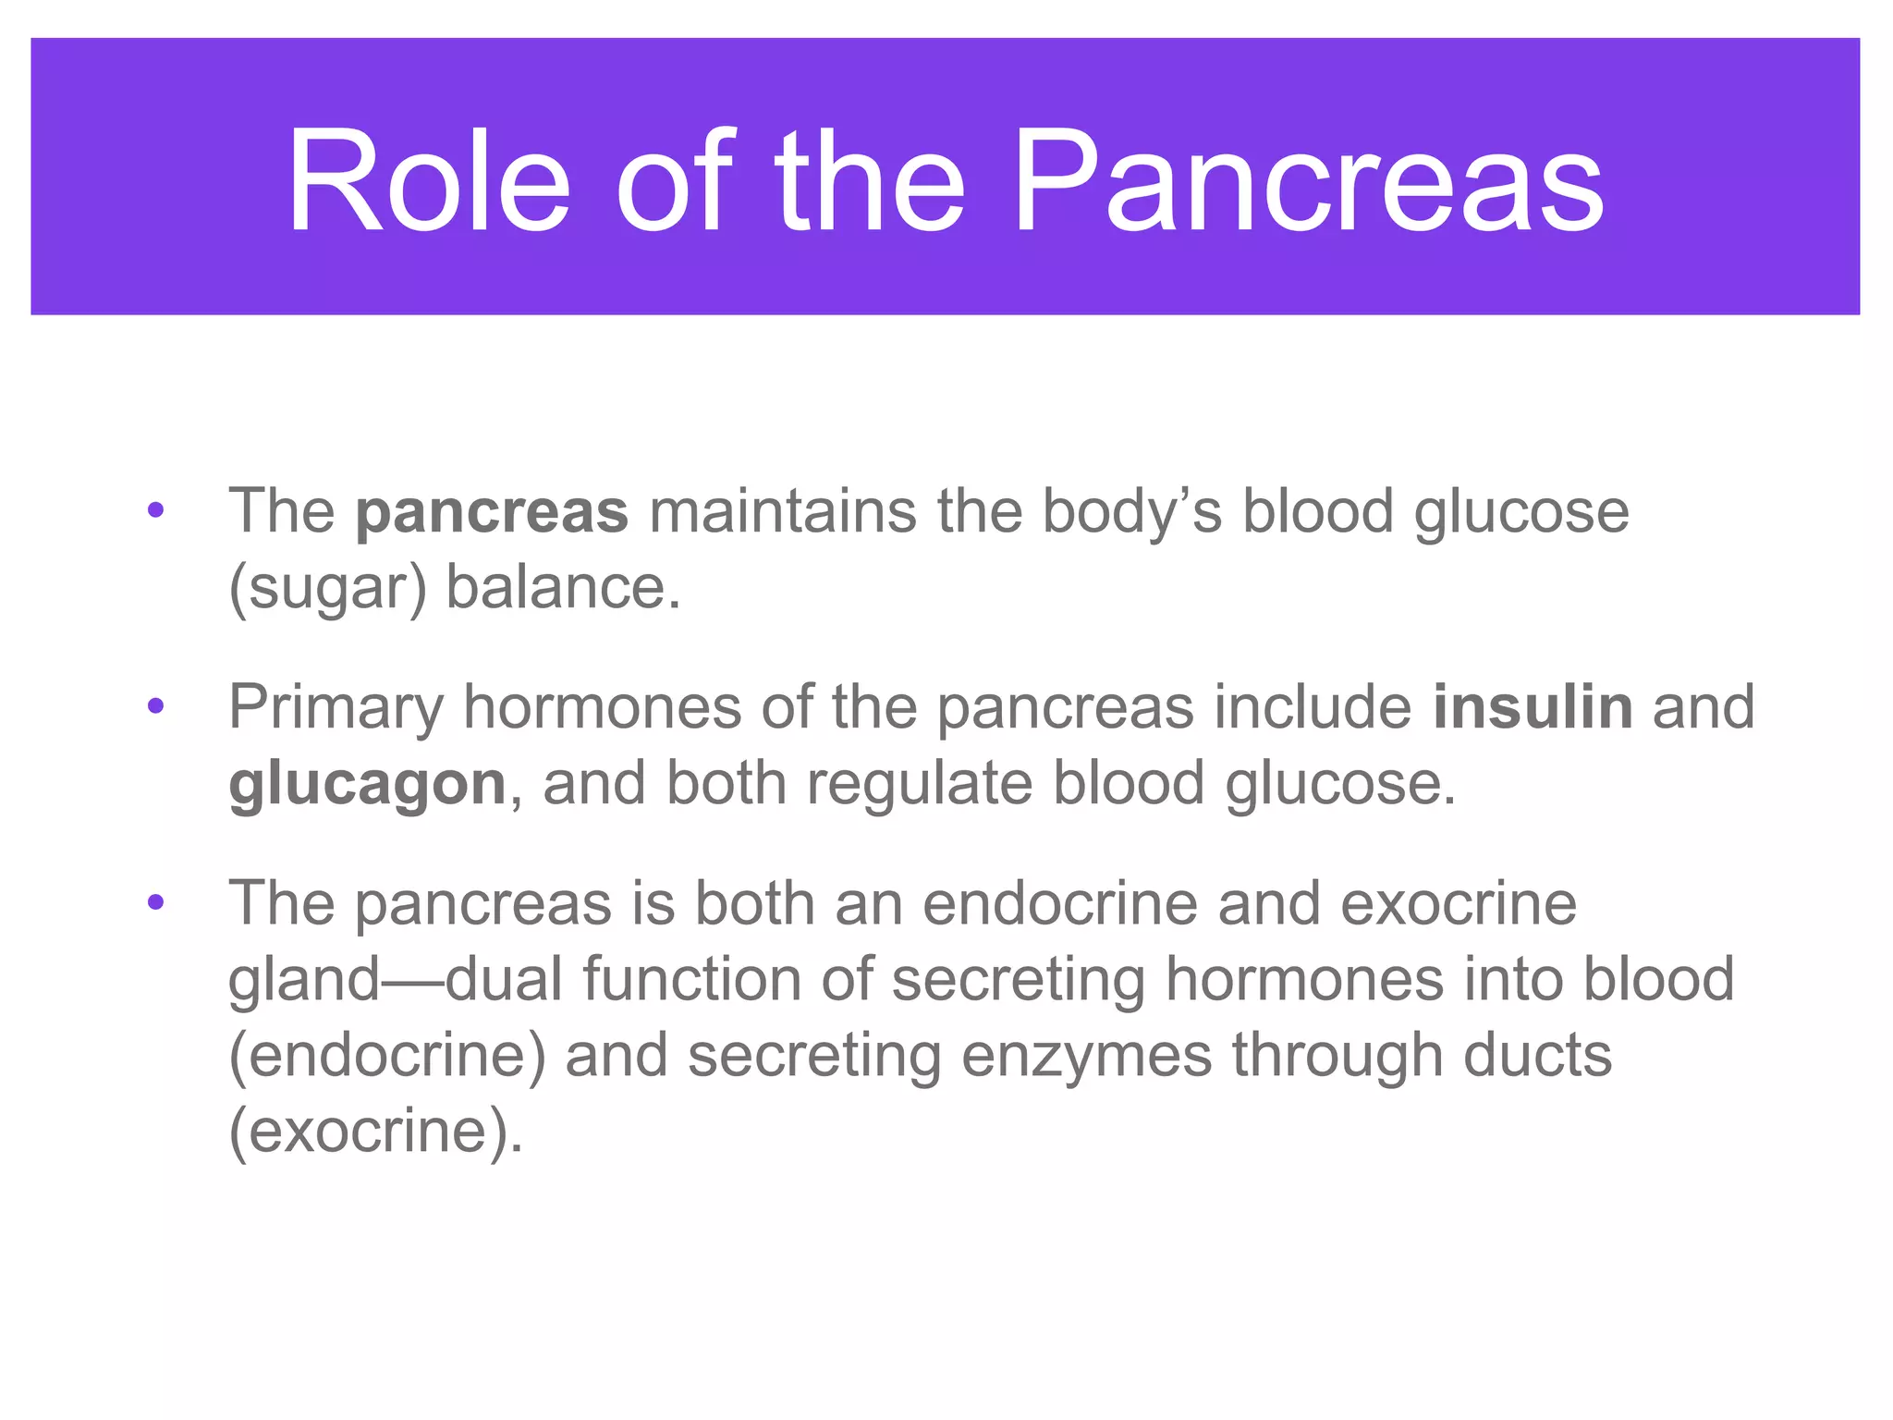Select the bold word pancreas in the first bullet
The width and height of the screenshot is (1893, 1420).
point(492,513)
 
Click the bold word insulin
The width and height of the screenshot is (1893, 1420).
point(1533,707)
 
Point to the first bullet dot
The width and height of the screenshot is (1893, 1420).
point(155,510)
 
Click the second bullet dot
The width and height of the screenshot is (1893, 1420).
point(155,707)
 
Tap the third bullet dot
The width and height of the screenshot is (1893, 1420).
point(155,903)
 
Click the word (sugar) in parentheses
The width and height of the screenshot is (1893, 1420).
point(327,589)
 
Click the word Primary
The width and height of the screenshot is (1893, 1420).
point(336,709)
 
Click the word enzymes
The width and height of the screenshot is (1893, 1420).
point(1086,1058)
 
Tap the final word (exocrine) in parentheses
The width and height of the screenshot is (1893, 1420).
point(375,1132)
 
